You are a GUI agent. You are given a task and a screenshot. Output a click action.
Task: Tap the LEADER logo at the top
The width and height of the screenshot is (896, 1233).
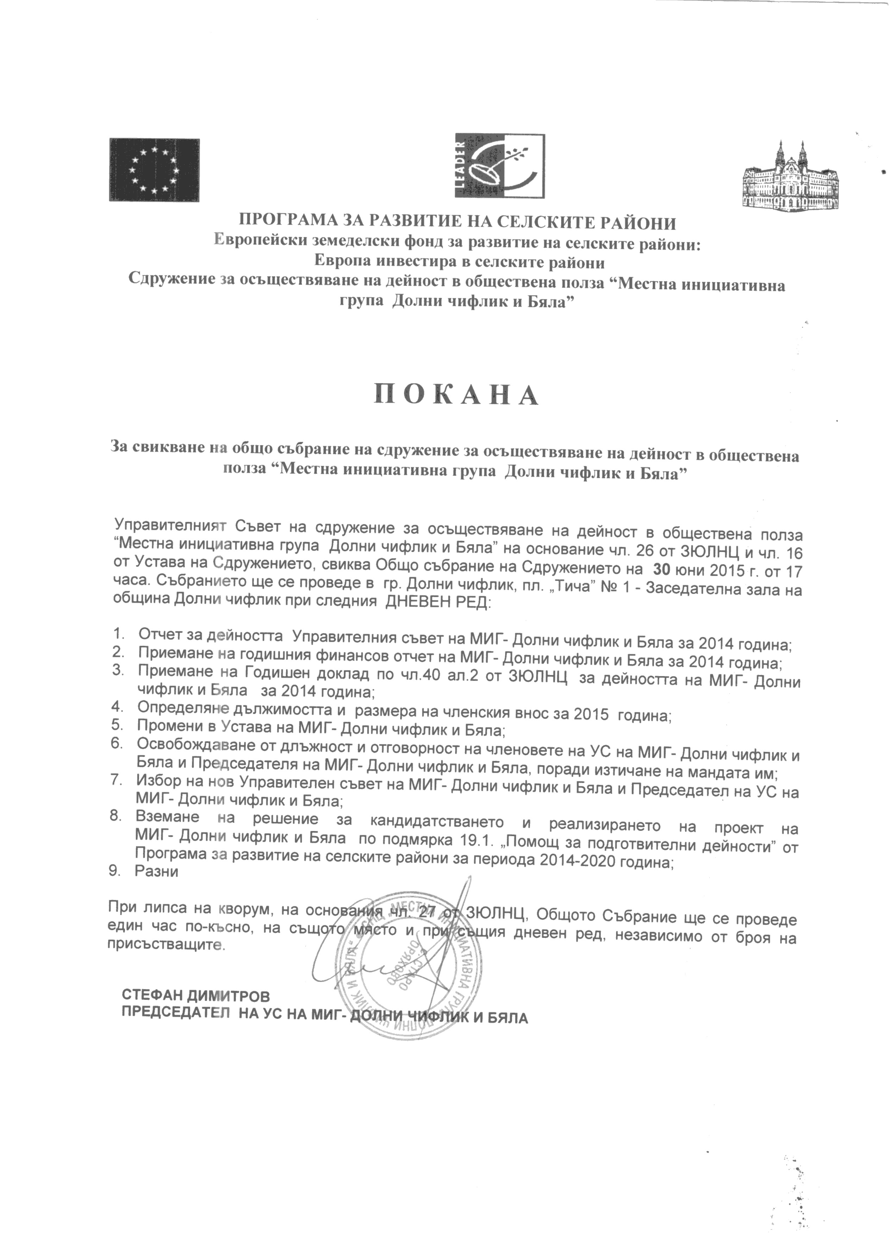(x=499, y=165)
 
